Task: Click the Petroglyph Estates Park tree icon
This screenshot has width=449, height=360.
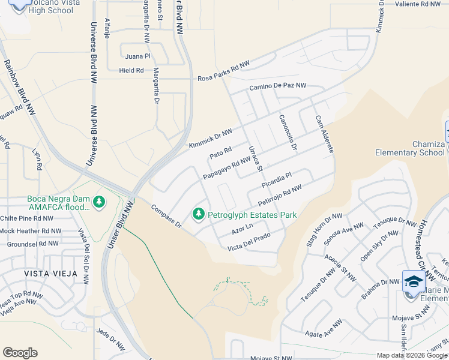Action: pos(198,214)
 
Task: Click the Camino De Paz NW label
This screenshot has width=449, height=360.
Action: pos(277,87)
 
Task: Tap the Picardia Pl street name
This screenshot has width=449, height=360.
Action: pos(276,178)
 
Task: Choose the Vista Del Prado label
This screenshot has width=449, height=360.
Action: pos(249,242)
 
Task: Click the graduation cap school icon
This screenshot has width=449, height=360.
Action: pos(413,282)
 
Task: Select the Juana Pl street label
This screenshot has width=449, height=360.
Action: pos(137,56)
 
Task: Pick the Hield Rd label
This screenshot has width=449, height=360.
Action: pos(131,70)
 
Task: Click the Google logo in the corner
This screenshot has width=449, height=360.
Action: pos(20,353)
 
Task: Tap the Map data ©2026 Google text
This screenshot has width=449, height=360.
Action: pos(411,355)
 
